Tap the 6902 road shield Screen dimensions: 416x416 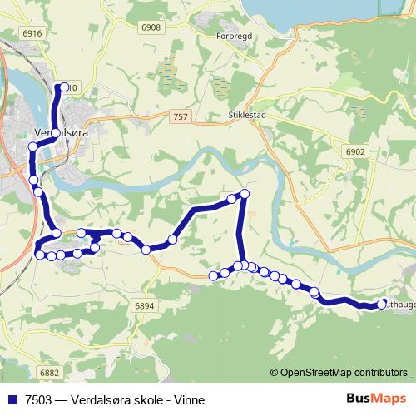pos(356,151)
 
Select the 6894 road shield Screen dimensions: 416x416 pos(144,306)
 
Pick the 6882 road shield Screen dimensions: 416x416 pos(49,374)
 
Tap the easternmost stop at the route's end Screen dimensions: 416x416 pos(382,305)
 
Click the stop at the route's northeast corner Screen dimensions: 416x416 pos(244,194)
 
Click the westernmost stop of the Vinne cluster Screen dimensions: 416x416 pos(213,275)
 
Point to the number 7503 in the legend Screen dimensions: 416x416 pos(37,399)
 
